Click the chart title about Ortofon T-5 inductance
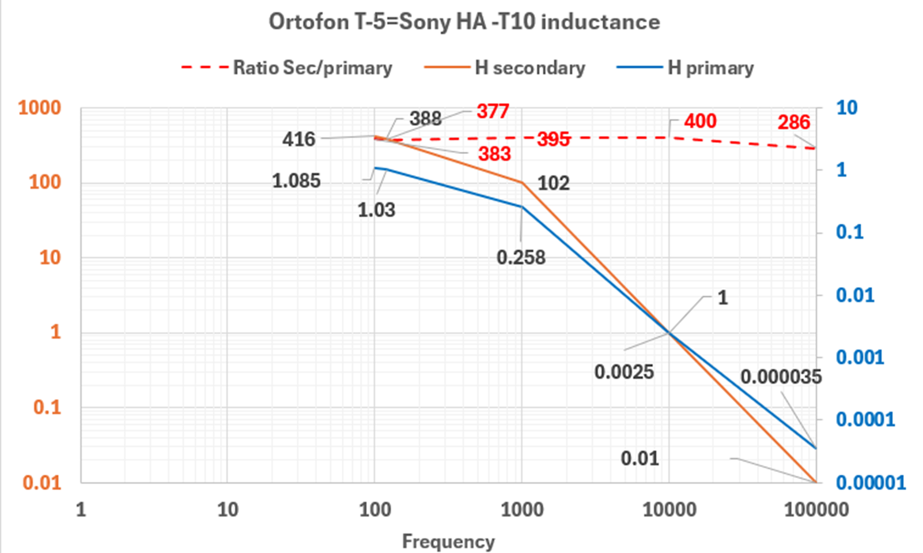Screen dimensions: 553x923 (464, 22)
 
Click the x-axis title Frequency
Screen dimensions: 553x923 (448, 541)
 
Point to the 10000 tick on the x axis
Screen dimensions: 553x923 (669, 510)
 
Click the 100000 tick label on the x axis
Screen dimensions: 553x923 (816, 510)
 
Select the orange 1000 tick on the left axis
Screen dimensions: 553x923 (39, 108)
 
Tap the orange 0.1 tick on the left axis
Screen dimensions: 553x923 (47, 407)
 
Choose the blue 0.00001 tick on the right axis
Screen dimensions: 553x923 (871, 483)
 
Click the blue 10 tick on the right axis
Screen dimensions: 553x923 (846, 108)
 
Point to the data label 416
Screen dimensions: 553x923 (298, 139)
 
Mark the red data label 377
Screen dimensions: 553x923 (493, 111)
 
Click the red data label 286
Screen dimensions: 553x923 (793, 122)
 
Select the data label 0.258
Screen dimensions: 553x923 (521, 257)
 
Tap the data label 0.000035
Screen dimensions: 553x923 (781, 377)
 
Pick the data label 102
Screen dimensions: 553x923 (553, 183)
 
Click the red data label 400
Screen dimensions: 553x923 (700, 121)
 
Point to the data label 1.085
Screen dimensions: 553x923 (296, 181)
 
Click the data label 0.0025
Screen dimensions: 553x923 (624, 372)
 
